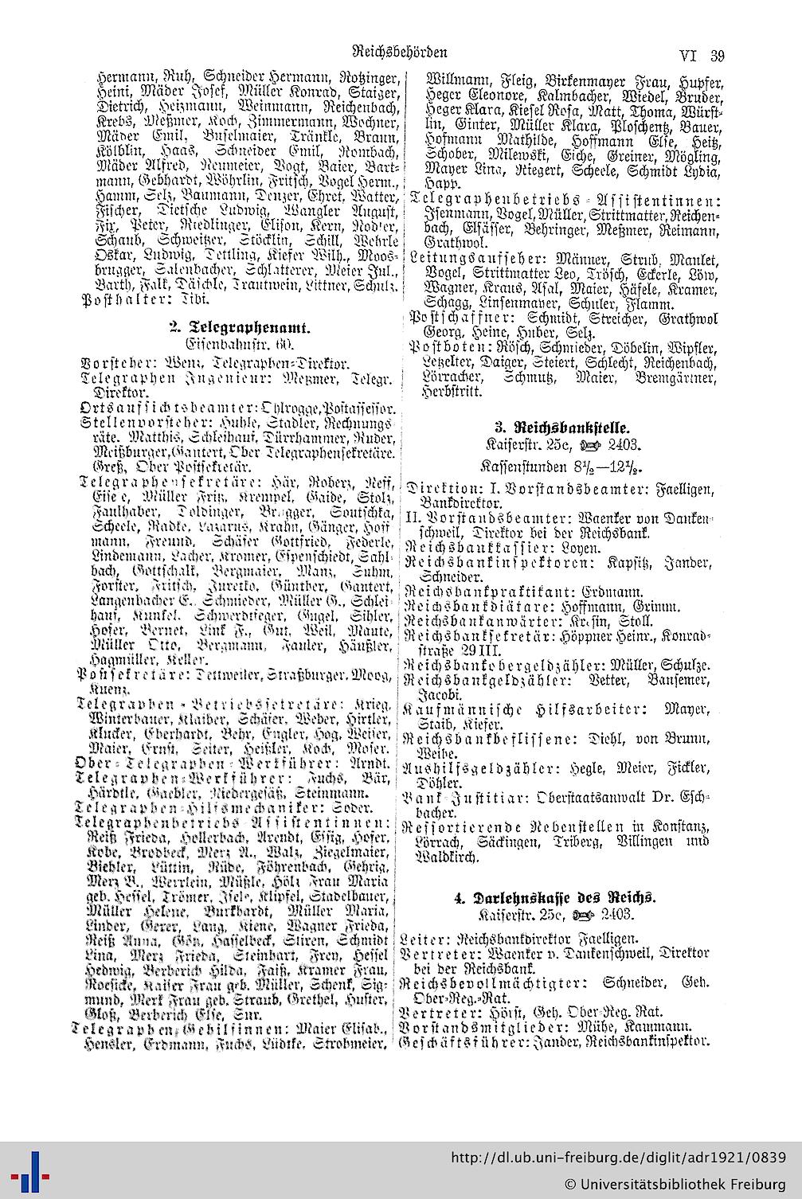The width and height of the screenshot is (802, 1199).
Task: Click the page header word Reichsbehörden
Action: (399, 53)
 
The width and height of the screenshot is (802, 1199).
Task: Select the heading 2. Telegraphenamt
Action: (239, 326)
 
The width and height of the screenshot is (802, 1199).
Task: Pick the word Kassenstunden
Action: (520, 463)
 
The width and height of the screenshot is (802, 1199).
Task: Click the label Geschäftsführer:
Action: (451, 1041)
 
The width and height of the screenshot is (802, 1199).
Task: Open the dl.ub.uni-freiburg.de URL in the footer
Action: (618, 1157)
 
